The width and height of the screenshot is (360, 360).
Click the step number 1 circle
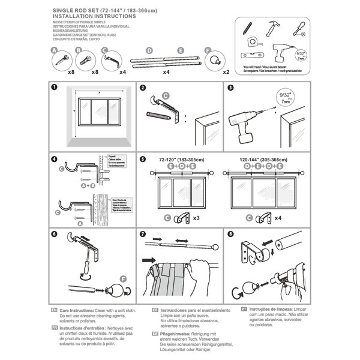[54, 88]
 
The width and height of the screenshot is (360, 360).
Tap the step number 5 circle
[142, 160]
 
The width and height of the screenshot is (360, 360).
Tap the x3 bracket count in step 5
[194, 218]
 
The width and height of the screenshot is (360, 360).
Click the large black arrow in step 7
[147, 261]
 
